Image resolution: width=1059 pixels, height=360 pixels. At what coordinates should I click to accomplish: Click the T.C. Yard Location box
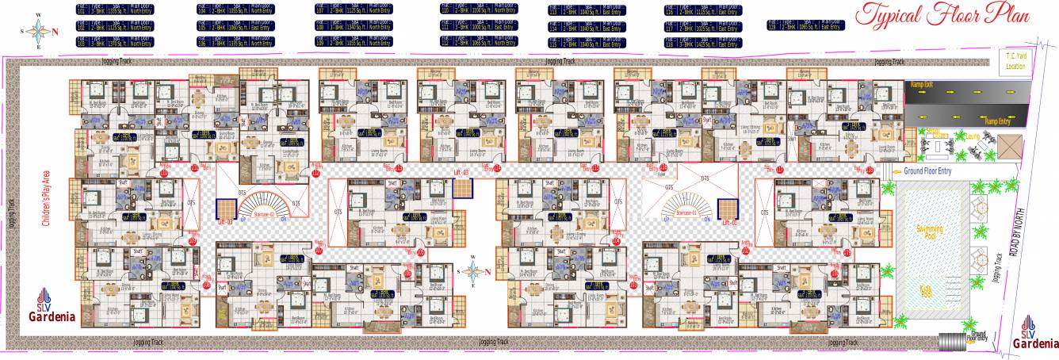pos(1015,61)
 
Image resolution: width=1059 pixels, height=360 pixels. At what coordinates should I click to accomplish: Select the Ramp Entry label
pos(998,121)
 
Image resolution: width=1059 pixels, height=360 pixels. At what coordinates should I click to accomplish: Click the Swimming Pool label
pos(930,232)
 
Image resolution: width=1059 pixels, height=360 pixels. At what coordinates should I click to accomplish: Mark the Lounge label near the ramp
pos(973,136)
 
